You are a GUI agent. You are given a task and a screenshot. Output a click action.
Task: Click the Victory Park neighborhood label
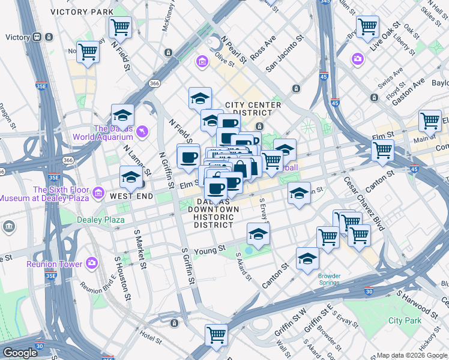tap(82, 12)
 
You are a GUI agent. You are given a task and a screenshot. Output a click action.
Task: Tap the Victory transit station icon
tap(37, 37)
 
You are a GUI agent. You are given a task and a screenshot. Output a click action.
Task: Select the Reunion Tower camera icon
tap(92, 262)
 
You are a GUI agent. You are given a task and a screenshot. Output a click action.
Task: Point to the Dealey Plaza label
tap(101, 220)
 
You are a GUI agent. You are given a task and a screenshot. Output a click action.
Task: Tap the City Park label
tap(405, 321)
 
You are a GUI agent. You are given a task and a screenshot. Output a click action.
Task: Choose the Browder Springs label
tap(329, 280)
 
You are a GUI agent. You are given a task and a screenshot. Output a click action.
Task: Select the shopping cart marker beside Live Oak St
tap(367, 26)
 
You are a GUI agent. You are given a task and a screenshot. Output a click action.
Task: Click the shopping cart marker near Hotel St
tap(216, 335)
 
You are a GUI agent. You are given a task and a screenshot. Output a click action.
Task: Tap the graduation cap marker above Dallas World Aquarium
tap(123, 115)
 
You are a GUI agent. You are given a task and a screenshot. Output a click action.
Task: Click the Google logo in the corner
tap(19, 353)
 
